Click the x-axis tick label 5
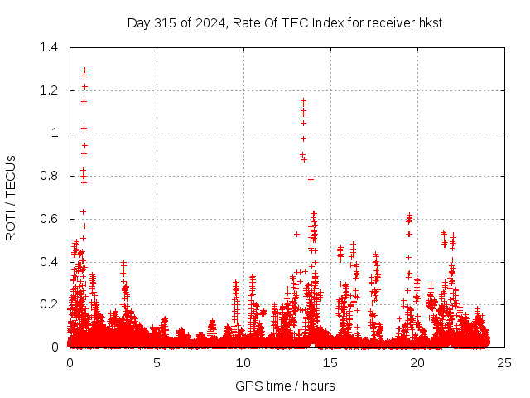coord(157,362)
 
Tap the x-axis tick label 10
coord(243,362)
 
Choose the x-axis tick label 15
coord(330,362)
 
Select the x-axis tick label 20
coord(417,362)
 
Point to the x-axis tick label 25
coord(504,362)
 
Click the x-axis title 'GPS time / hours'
coord(285,386)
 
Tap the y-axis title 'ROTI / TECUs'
coord(11,197)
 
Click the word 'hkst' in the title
coord(430,22)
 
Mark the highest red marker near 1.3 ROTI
coord(84,70)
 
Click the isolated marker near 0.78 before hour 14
coord(311,179)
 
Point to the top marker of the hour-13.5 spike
coord(303,100)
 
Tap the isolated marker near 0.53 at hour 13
coord(296,234)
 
